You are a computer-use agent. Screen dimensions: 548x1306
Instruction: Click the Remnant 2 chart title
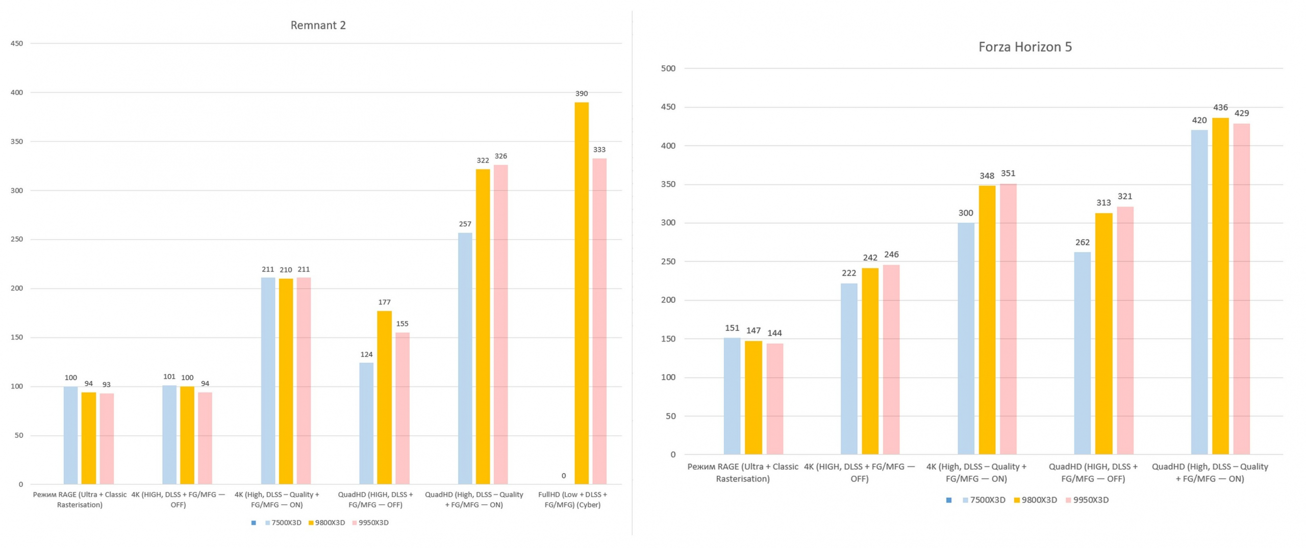(318, 25)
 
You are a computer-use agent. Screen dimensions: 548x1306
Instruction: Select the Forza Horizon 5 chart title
(1024, 47)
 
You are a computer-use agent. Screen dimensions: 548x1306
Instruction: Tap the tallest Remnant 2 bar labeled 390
(581, 293)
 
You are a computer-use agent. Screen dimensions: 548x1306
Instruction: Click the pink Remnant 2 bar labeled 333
(599, 321)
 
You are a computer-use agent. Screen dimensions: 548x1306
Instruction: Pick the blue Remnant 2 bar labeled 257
(465, 358)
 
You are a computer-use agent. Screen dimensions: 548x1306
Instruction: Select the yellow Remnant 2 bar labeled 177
(384, 398)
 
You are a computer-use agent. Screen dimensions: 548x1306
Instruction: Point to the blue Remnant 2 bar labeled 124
(366, 423)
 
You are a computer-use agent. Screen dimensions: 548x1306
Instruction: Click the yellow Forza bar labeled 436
(1220, 285)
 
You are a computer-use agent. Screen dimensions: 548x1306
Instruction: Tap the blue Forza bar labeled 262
(1082, 353)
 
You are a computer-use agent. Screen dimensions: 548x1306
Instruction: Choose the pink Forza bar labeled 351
(1008, 319)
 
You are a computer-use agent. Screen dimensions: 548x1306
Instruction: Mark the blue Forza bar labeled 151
(732, 396)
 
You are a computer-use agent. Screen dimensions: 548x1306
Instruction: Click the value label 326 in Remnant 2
(500, 156)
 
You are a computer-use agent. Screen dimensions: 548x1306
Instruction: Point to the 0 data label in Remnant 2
(563, 476)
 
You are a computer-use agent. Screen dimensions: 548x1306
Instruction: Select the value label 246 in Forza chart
(891, 255)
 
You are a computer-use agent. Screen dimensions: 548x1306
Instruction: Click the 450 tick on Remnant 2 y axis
(17, 43)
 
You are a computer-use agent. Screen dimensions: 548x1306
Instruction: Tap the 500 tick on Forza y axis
(668, 68)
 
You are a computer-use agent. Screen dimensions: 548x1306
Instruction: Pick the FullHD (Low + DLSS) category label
(572, 500)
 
